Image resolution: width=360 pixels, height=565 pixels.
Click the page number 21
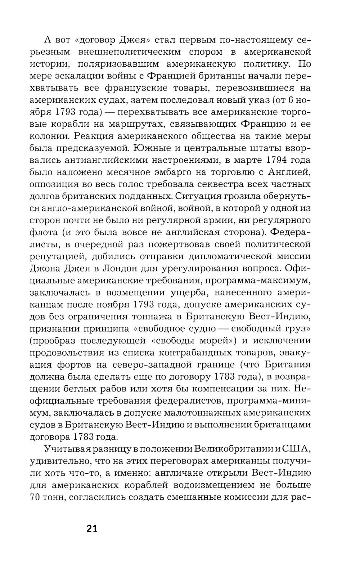[x=92, y=529]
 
